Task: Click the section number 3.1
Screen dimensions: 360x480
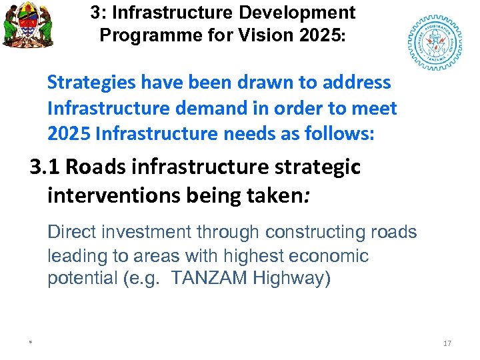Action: (x=44, y=167)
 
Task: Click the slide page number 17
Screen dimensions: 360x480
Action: (x=447, y=343)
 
